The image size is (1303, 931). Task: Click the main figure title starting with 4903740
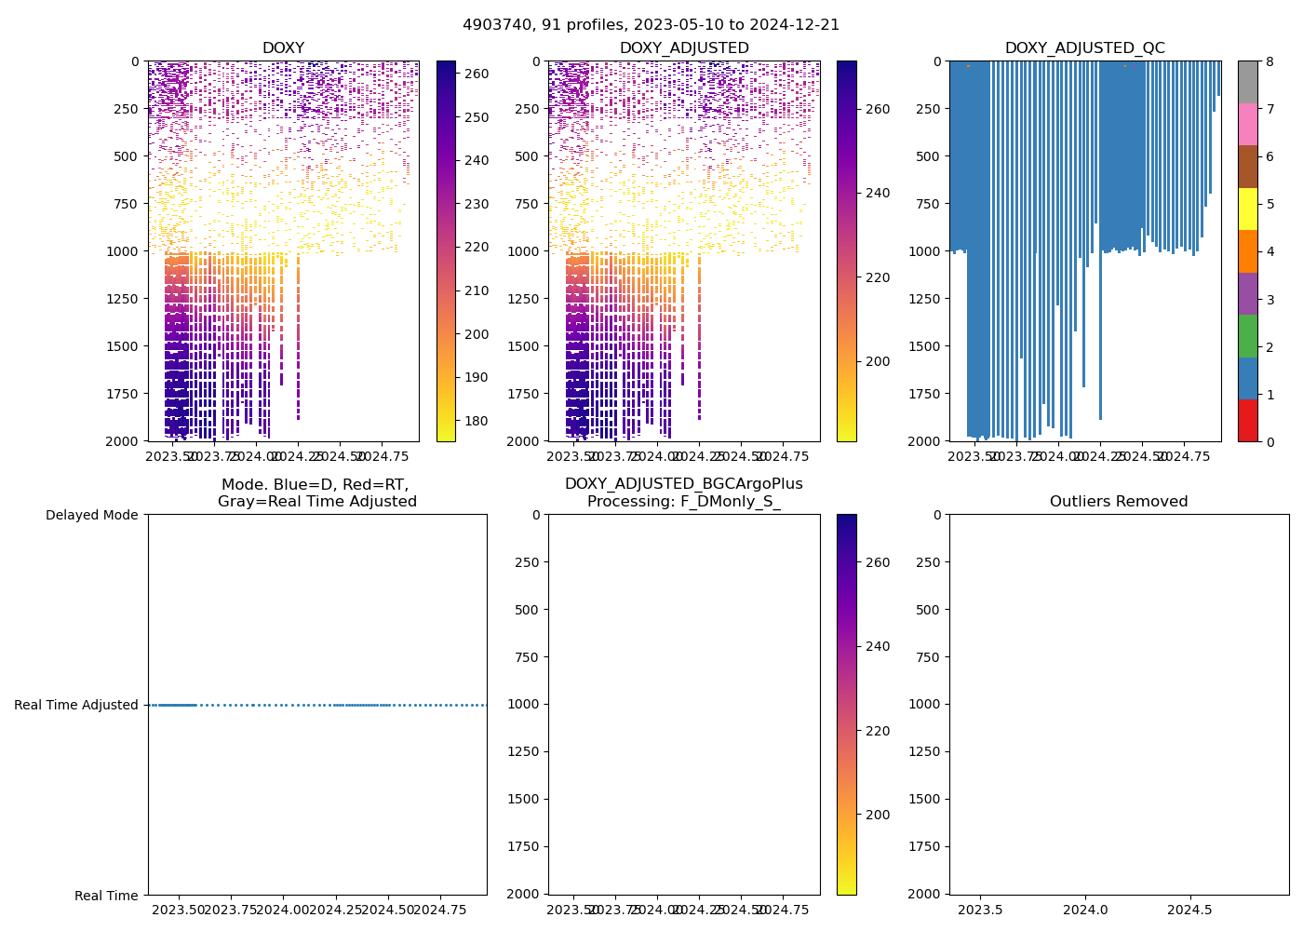(x=651, y=25)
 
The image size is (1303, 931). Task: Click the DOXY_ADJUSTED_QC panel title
(x=1084, y=48)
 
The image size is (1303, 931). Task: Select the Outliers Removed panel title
(x=1119, y=502)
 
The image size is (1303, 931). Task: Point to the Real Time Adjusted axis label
(x=76, y=705)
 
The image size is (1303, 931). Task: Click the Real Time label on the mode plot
(x=106, y=896)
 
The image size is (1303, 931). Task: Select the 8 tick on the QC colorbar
(x=1269, y=61)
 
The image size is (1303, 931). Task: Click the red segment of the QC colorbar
(x=1247, y=420)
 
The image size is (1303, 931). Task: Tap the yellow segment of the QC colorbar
(x=1247, y=209)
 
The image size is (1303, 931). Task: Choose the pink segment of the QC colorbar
(x=1247, y=124)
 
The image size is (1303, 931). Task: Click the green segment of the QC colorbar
(x=1247, y=335)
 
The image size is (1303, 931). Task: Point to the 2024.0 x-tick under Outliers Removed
(x=1085, y=909)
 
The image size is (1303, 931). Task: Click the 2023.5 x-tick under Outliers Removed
(x=980, y=909)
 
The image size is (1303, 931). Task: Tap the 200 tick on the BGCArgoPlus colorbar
(x=878, y=815)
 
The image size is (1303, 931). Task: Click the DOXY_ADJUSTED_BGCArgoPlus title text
(x=683, y=484)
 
